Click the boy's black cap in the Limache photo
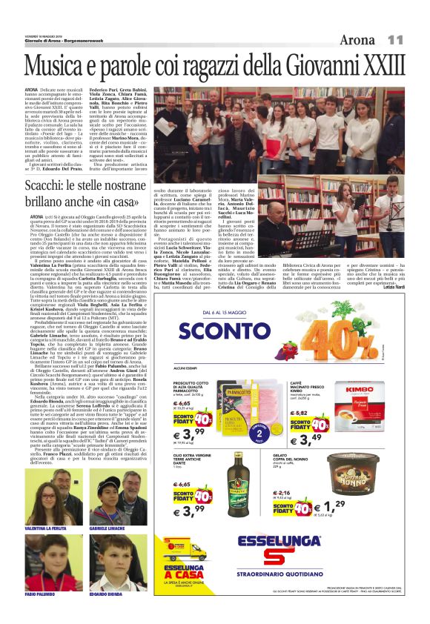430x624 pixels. tap(107, 482)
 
